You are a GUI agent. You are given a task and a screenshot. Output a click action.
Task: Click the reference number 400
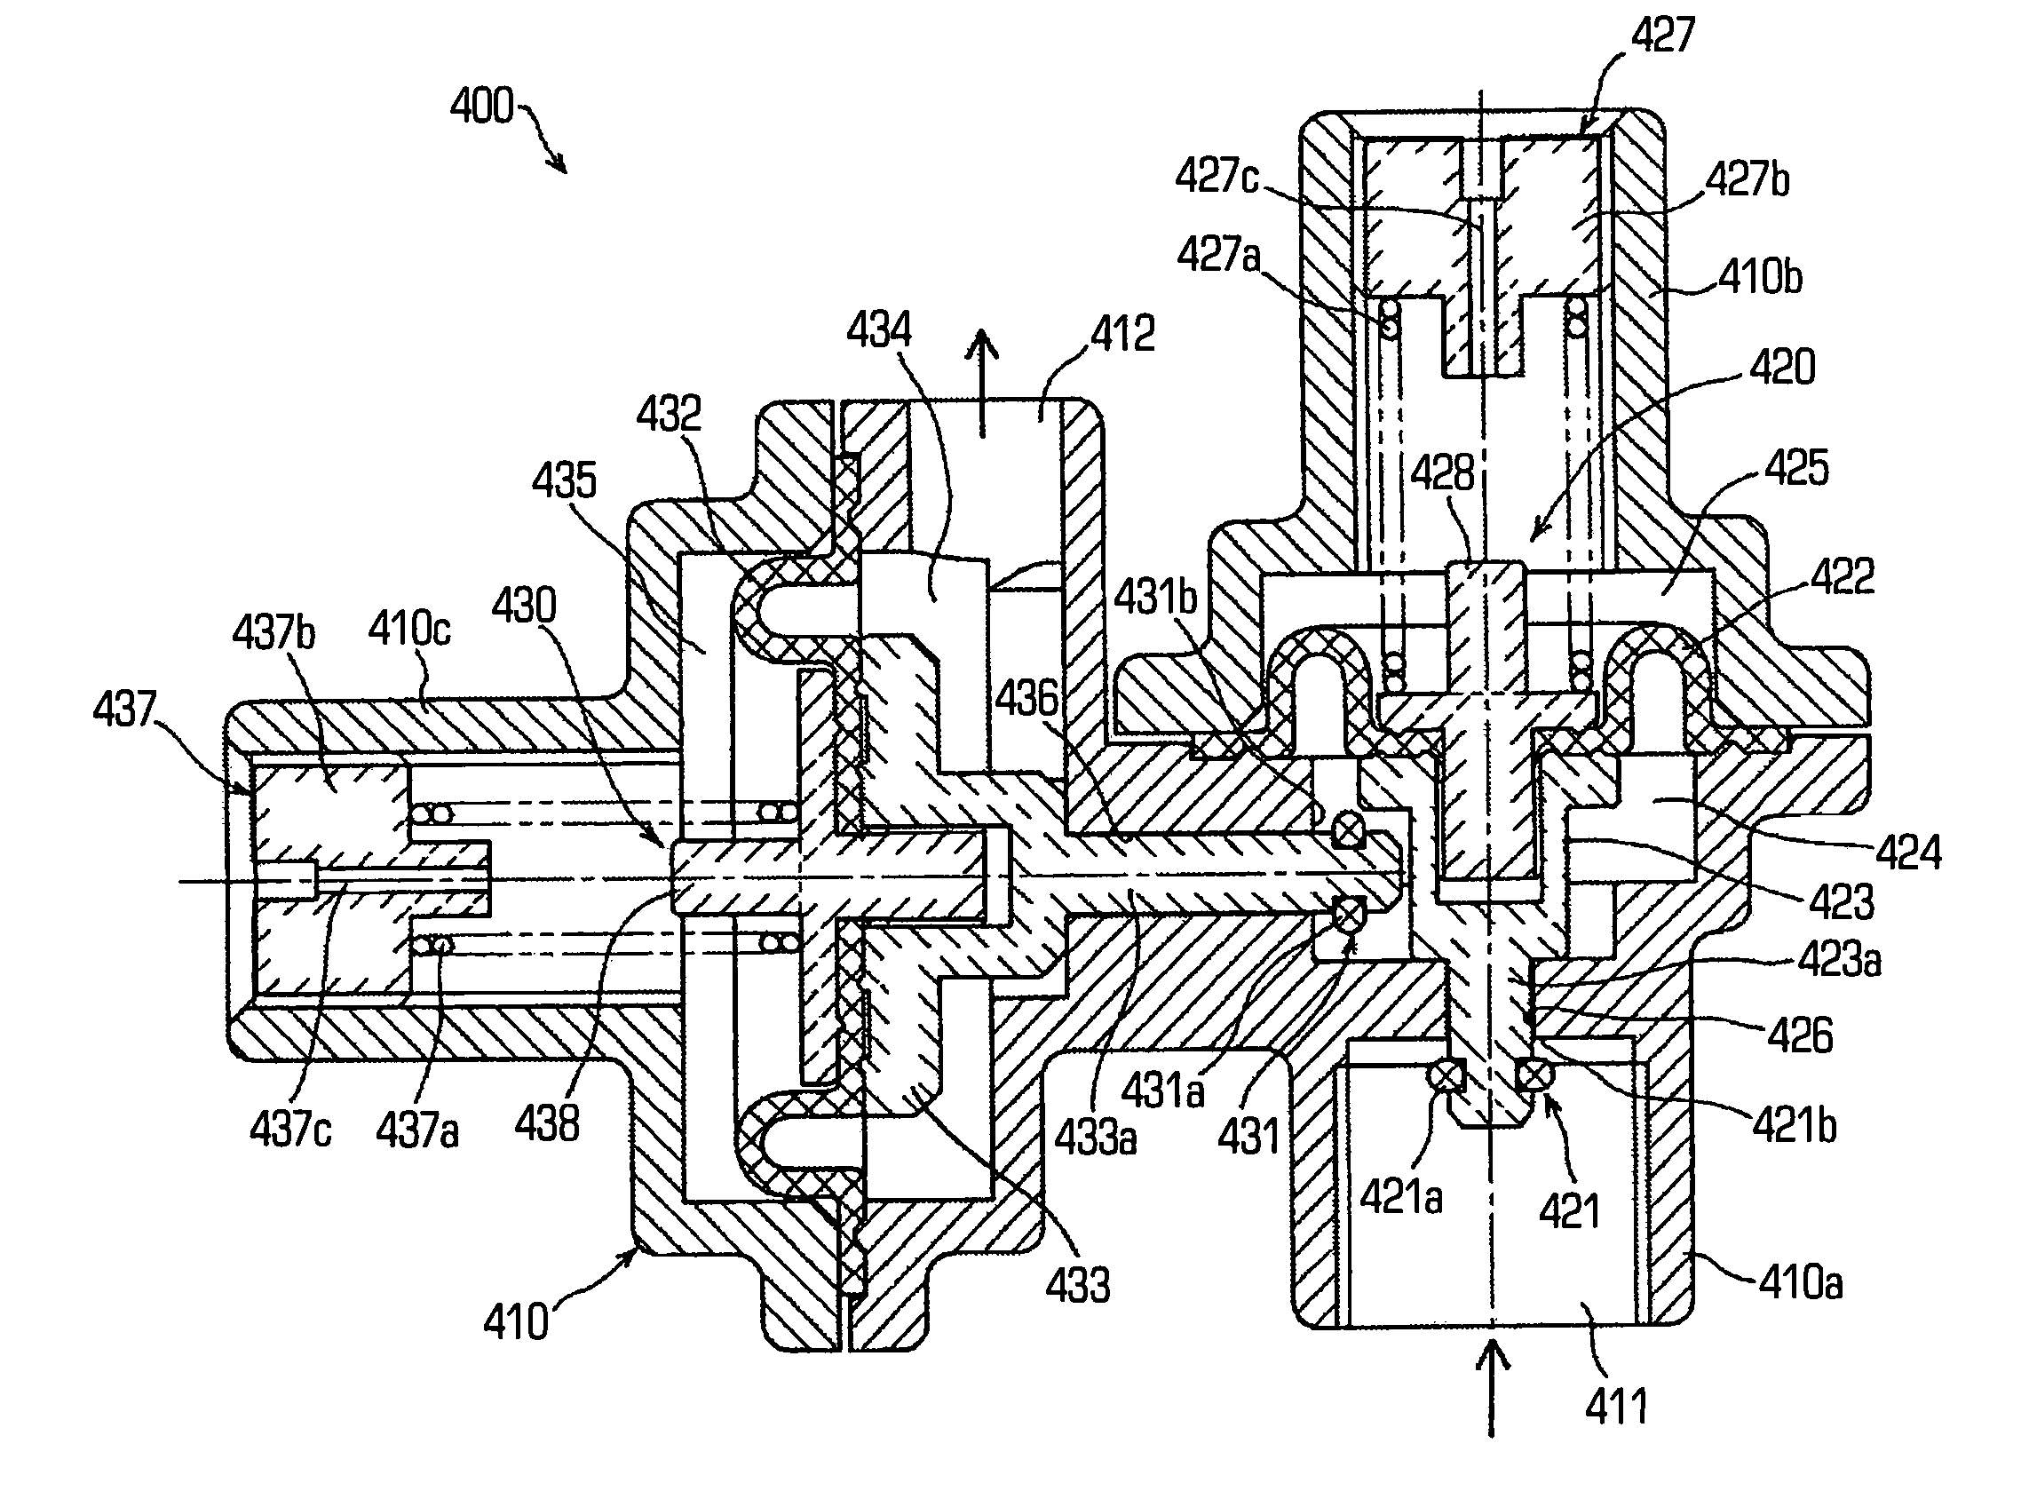tap(481, 107)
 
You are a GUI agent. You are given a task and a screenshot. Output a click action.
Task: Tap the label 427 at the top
tap(1662, 36)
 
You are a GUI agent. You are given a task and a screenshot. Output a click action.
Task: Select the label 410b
tap(1760, 275)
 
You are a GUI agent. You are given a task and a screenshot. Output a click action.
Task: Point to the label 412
tap(1121, 335)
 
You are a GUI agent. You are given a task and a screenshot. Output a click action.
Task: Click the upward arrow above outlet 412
tap(983, 379)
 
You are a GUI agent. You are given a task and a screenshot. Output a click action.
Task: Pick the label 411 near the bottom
tap(1615, 1406)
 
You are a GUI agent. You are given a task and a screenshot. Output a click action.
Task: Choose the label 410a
tap(1800, 1281)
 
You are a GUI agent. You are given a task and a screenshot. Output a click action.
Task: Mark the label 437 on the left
tap(124, 709)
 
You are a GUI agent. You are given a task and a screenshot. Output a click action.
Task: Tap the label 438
tap(547, 1124)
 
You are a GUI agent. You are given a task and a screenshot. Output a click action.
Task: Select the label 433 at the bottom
tap(1078, 1285)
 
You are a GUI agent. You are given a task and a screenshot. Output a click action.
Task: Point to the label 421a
tap(1401, 1197)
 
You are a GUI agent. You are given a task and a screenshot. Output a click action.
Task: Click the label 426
tap(1800, 1035)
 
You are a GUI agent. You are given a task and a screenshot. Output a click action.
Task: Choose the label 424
tap(1908, 852)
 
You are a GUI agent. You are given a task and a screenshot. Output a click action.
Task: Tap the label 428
tap(1442, 473)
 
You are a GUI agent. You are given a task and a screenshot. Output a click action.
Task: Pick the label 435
tap(564, 481)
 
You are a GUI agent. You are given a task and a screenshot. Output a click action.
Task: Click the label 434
tap(878, 329)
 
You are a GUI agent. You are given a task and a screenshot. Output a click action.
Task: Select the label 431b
tap(1155, 598)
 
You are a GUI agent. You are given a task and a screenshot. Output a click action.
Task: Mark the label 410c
tap(408, 628)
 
